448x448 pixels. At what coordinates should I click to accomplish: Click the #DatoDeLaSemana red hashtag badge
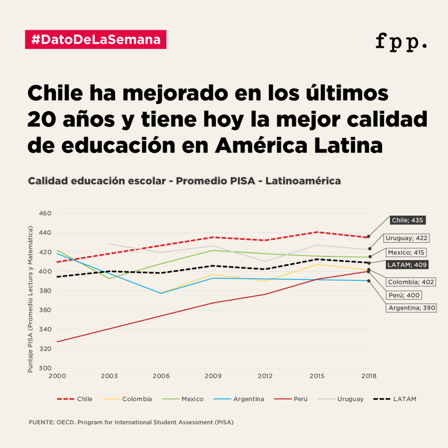pos(96,39)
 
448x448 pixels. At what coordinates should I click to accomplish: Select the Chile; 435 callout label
pos(407,220)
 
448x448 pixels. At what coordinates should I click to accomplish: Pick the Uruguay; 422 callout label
pos(406,238)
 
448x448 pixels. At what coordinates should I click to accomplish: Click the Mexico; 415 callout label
pos(406,252)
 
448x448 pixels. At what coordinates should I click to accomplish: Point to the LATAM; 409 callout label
pos(406,264)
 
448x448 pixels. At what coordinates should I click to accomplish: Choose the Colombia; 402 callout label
pos(411,282)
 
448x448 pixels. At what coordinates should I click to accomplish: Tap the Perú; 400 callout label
pos(404,295)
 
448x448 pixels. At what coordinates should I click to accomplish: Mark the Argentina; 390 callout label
pos(411,308)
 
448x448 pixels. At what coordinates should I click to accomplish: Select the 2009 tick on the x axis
pos(213,376)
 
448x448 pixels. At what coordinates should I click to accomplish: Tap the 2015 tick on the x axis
pos(317,376)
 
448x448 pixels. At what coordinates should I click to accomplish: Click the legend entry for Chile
pos(75,399)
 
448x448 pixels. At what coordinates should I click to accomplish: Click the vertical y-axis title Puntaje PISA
pos(31,299)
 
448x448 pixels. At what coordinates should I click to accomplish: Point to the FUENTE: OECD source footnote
pos(131,423)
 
